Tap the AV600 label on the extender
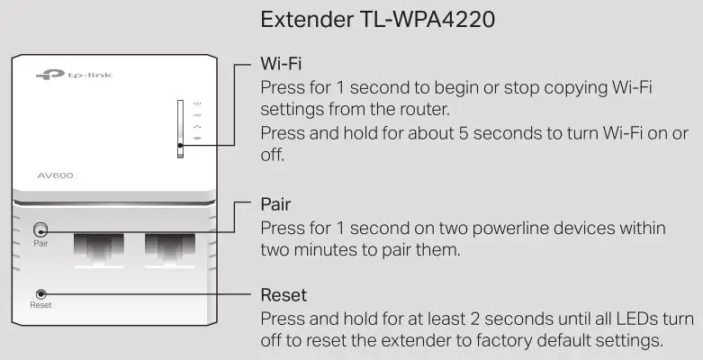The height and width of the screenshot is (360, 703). click(x=56, y=175)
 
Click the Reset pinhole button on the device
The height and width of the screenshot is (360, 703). click(x=41, y=293)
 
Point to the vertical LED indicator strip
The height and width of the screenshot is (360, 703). click(x=180, y=130)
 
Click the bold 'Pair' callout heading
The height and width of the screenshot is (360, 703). click(x=275, y=203)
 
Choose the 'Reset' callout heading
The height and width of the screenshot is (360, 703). click(x=284, y=295)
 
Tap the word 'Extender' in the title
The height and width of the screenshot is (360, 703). click(x=303, y=19)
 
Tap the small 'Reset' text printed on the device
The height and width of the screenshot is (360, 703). click(x=41, y=306)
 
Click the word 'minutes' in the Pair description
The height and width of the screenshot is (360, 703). click(x=331, y=249)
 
